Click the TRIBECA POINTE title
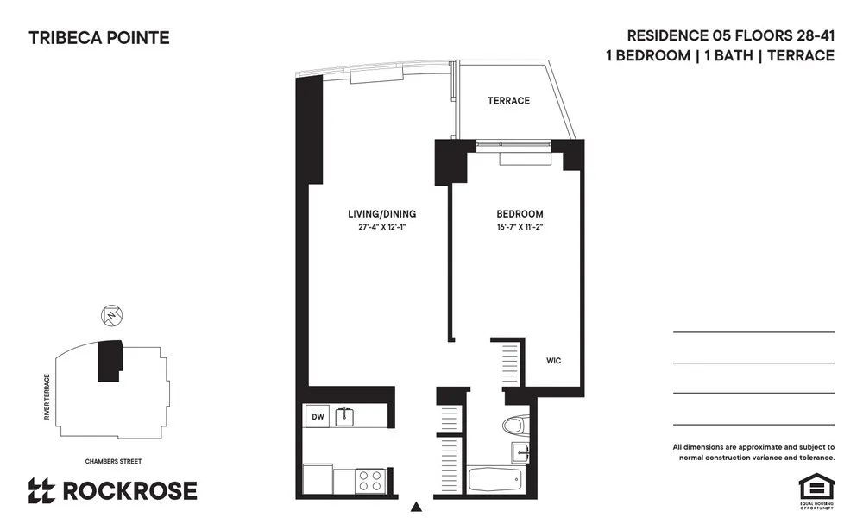(99, 38)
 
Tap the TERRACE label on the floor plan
(508, 101)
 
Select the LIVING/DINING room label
(381, 214)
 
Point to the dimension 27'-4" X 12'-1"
(381, 229)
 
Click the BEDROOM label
(520, 214)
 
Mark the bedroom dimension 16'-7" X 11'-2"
(520, 229)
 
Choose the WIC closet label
(553, 361)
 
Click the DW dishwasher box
(317, 417)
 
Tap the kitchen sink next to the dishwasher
(345, 416)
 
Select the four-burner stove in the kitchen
(371, 480)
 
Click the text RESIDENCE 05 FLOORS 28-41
(730, 36)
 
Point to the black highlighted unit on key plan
(110, 359)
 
